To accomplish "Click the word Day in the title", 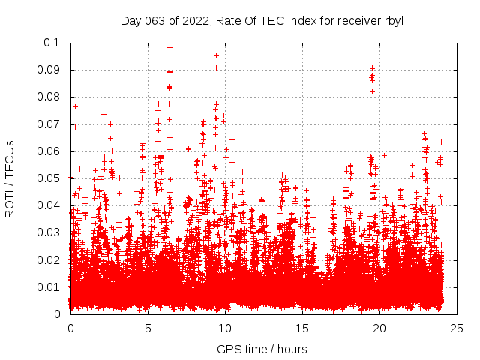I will coord(130,21).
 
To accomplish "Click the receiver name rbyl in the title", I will coord(391,21).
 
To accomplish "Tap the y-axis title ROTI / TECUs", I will coord(10,178).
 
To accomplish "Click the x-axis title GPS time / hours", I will coord(262,349).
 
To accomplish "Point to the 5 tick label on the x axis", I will coord(148,328).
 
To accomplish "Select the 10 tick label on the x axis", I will coord(225,328).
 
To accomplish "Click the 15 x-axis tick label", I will coord(302,328).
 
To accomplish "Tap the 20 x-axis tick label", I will coord(379,328).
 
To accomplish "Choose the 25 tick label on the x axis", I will coord(457,328).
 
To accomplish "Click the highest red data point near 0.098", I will coord(169,47).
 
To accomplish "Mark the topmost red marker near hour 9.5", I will coord(217,55).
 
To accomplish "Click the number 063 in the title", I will coord(155,21).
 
